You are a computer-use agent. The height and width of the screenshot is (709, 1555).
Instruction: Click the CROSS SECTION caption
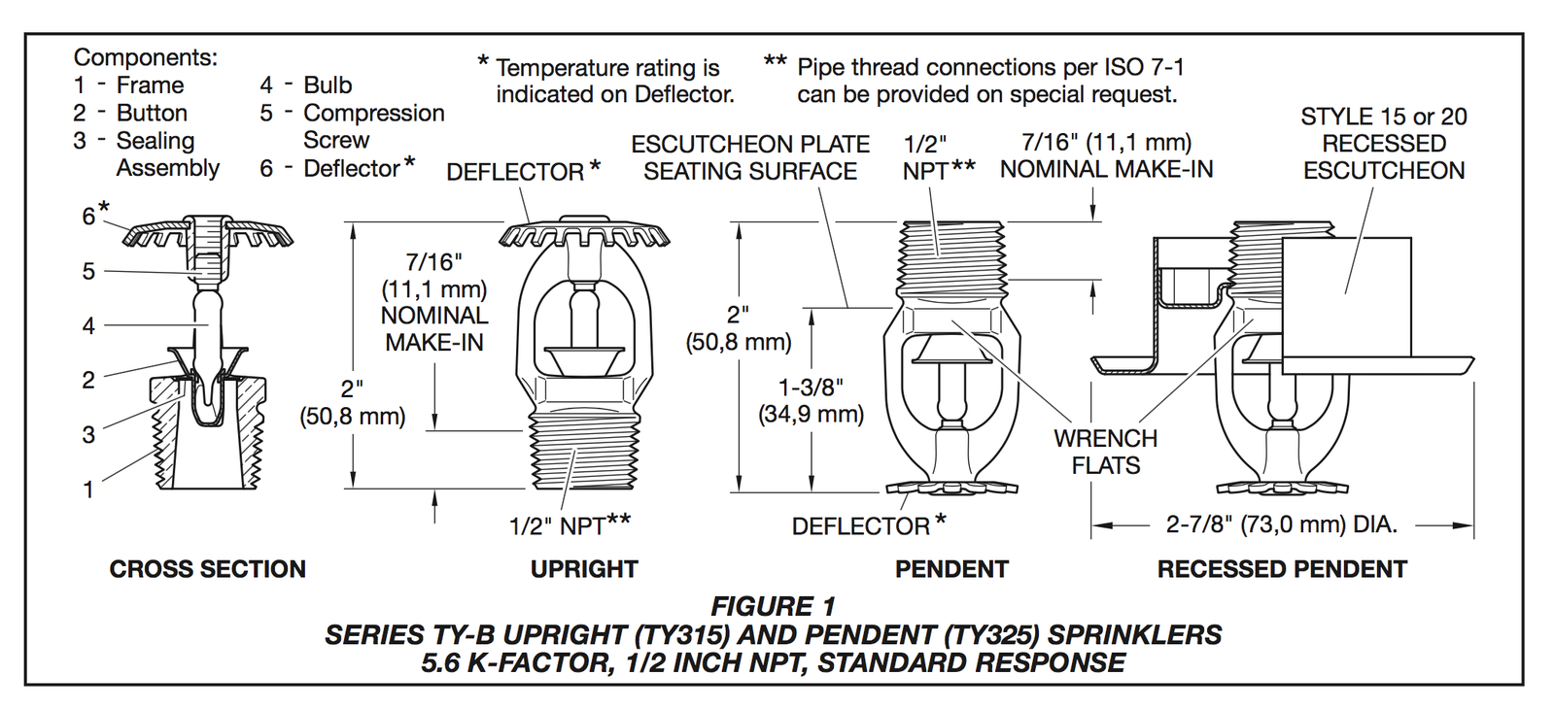pyautogui.click(x=207, y=569)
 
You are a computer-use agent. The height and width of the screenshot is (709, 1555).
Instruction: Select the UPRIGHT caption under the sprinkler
pyautogui.click(x=584, y=569)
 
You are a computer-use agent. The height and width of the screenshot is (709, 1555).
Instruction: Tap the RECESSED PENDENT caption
pyautogui.click(x=1282, y=569)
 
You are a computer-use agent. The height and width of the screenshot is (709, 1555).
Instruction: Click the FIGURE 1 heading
pyautogui.click(x=773, y=607)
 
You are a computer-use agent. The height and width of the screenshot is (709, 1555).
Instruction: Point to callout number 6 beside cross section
pyautogui.click(x=88, y=216)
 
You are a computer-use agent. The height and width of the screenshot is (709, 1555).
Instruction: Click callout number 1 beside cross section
pyautogui.click(x=88, y=490)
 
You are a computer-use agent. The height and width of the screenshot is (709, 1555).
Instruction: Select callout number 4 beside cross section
pyautogui.click(x=88, y=326)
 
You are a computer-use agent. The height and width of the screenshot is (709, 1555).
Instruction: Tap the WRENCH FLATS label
pyautogui.click(x=1105, y=452)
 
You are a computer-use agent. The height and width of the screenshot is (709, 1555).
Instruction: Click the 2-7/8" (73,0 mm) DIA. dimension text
pyautogui.click(x=1281, y=525)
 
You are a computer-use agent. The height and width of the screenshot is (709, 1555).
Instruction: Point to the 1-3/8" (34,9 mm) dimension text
pyautogui.click(x=811, y=400)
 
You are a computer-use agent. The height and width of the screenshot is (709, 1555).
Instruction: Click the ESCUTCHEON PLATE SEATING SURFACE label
pyautogui.click(x=750, y=158)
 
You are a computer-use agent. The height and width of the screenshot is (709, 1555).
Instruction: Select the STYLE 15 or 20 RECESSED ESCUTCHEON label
pyautogui.click(x=1383, y=144)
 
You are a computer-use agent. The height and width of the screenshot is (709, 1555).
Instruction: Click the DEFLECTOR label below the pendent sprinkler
pyautogui.click(x=861, y=526)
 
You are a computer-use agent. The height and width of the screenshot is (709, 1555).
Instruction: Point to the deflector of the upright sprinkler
pyautogui.click(x=584, y=236)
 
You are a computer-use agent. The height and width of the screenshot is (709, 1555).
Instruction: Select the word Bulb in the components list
pyautogui.click(x=328, y=85)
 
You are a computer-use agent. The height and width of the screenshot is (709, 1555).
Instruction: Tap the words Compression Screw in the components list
pyautogui.click(x=373, y=126)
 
